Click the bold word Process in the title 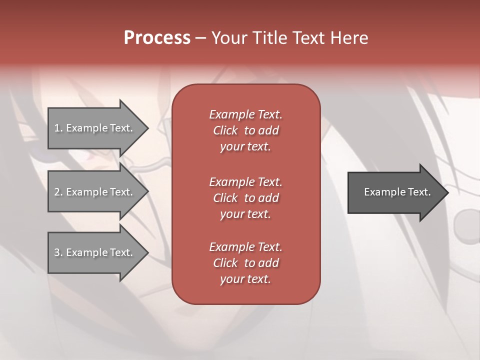coord(157,38)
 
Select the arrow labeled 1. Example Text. coord(95,128)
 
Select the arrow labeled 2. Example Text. coord(95,192)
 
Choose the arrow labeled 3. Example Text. coord(95,252)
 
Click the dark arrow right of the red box coord(395,192)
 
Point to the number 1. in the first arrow coord(58,128)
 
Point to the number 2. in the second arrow coord(58,192)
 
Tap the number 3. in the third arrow coord(58,252)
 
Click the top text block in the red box coord(245,130)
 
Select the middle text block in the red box coord(245,198)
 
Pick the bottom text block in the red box coord(245,263)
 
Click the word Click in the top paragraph coord(225,130)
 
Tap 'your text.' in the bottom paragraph coord(245,279)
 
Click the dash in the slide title coord(201,38)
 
